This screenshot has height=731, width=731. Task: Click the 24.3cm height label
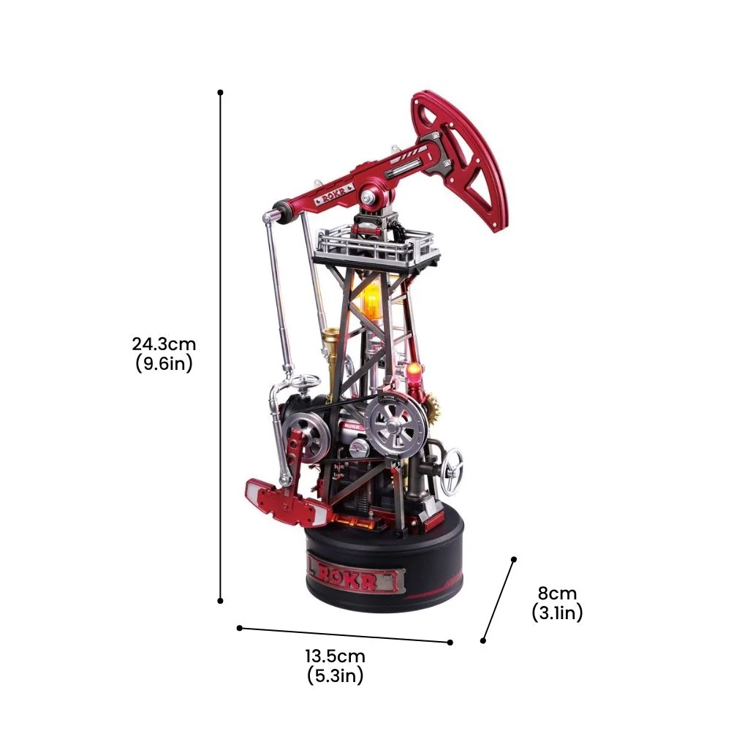coord(164,344)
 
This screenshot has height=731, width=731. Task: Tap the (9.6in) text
coord(164,363)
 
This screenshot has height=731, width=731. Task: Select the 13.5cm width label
coord(336,656)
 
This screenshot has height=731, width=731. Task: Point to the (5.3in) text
coord(336,675)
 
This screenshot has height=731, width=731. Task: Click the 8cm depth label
coord(557,593)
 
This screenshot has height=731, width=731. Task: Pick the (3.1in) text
coord(557,612)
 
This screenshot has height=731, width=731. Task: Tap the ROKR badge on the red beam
coord(334,194)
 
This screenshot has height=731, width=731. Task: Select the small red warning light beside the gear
coord(412,374)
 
